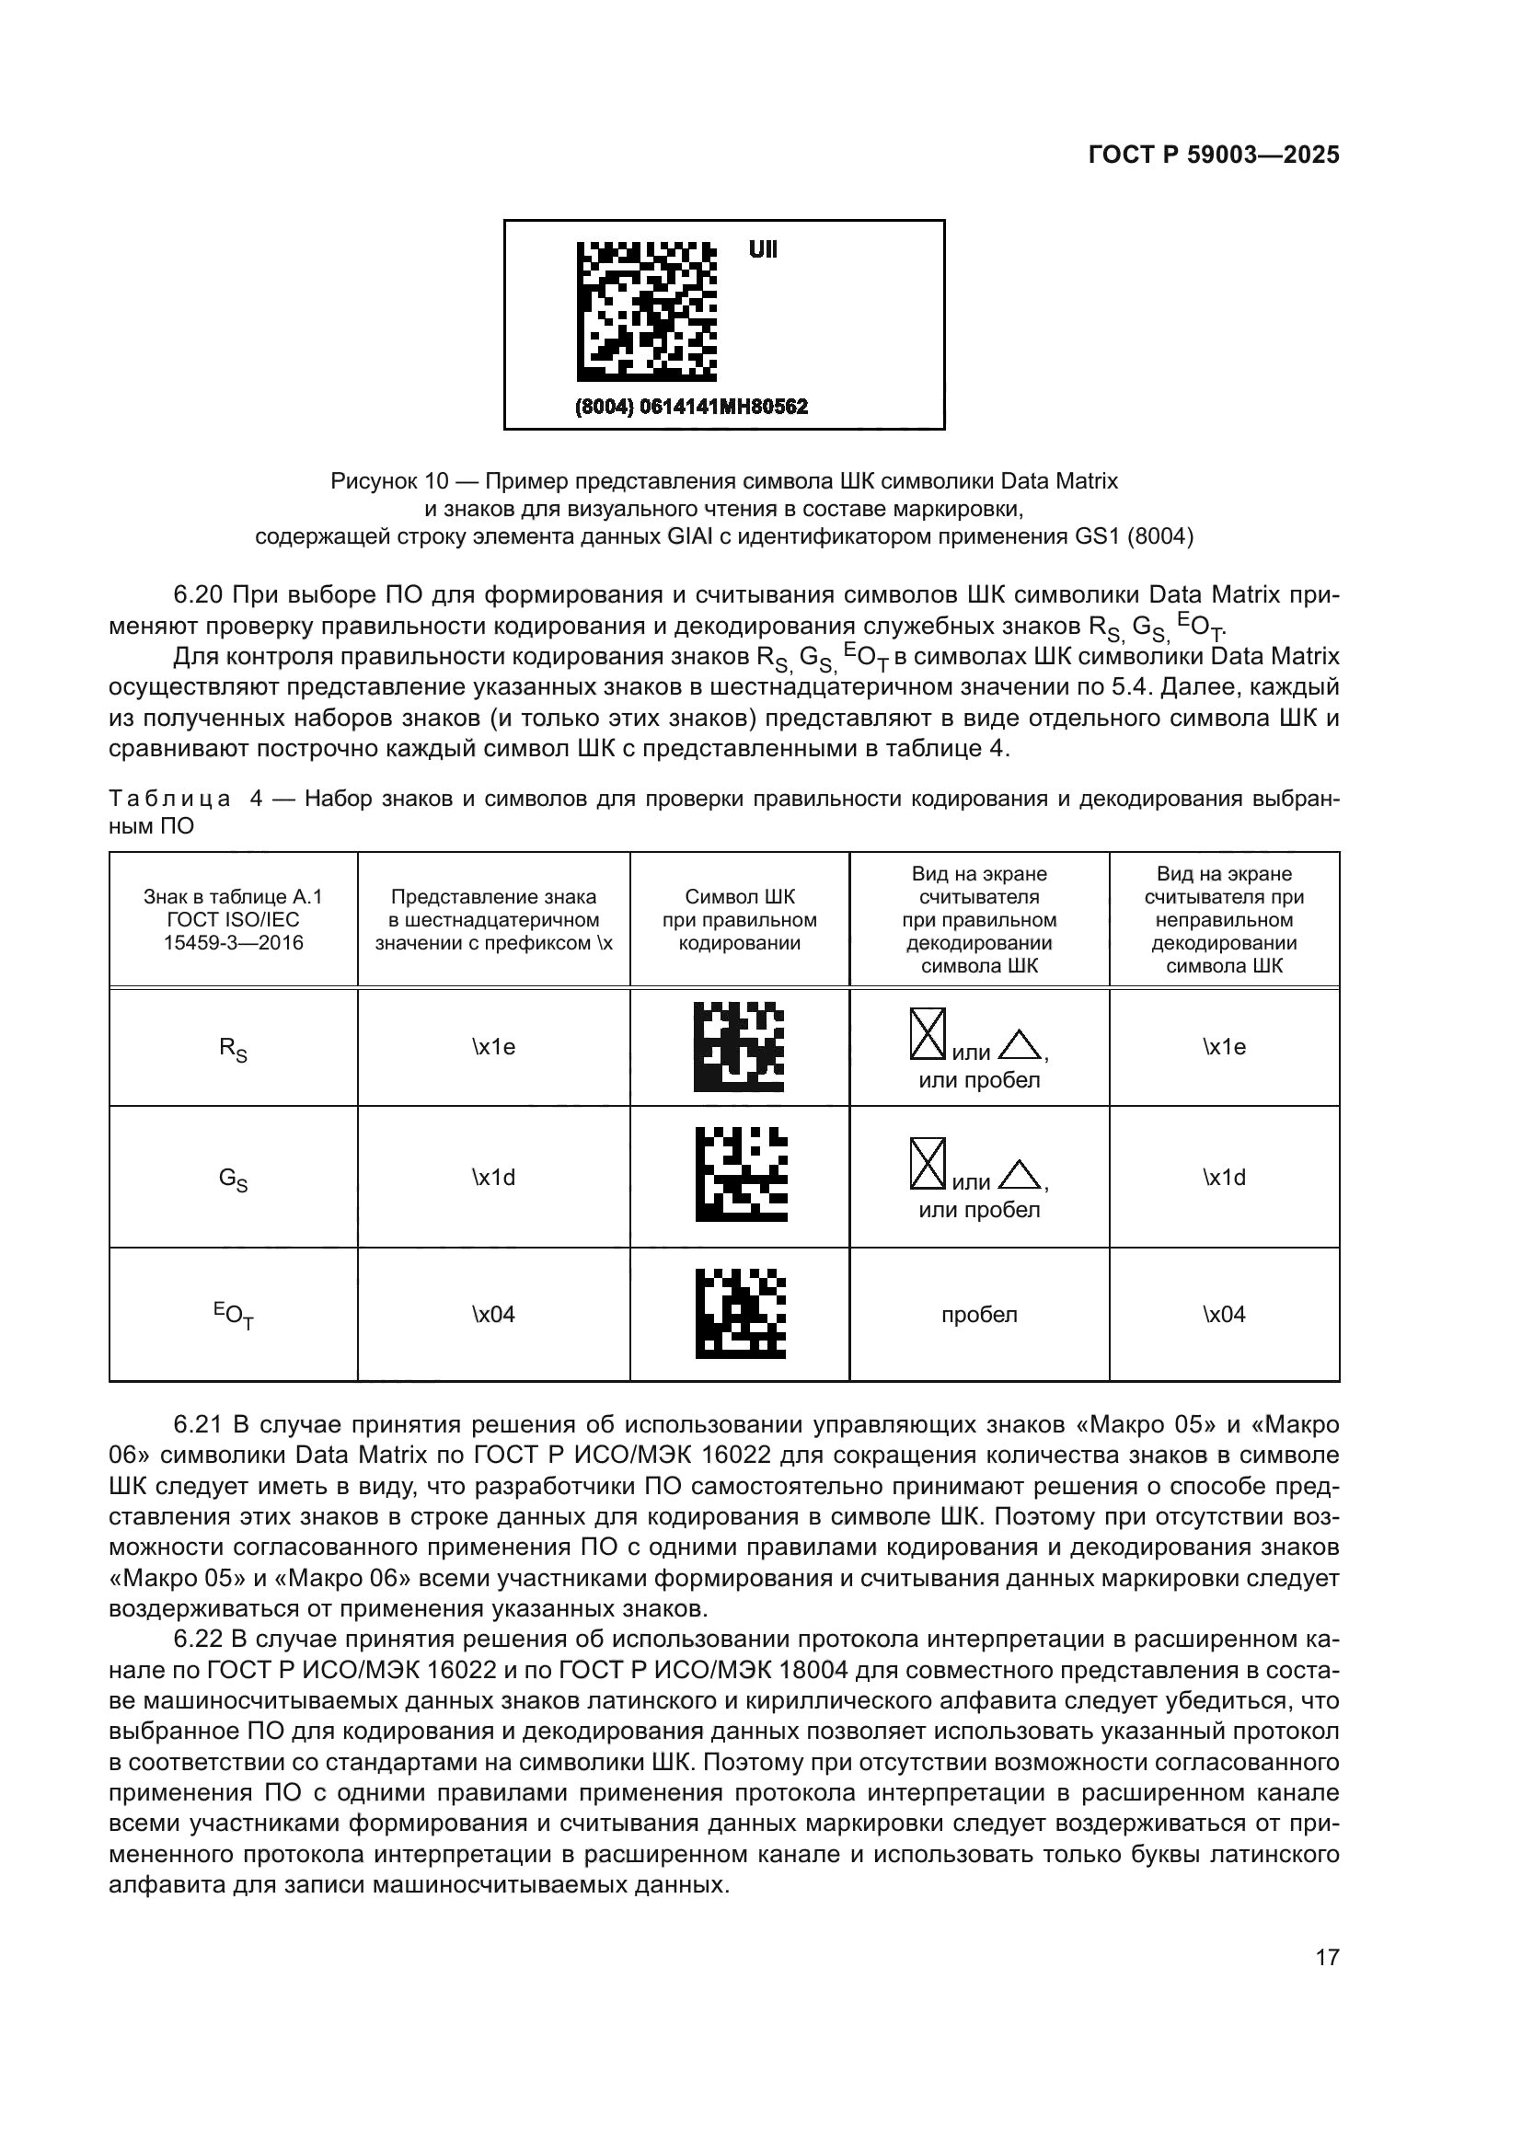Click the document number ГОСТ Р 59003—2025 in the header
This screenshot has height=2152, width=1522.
click(x=1214, y=155)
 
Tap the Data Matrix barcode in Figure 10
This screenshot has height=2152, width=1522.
click(x=646, y=311)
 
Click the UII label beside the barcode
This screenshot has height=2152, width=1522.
click(x=762, y=250)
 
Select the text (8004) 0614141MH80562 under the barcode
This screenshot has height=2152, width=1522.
click(x=691, y=407)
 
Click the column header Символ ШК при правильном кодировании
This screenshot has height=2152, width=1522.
click(x=740, y=919)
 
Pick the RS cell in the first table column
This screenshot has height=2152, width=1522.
click(x=234, y=1049)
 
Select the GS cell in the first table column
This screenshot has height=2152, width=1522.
click(x=234, y=1180)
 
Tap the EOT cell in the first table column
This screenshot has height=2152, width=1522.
click(x=234, y=1315)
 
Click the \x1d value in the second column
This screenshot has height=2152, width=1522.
click(x=493, y=1178)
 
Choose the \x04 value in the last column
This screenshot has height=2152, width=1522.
click(x=1224, y=1314)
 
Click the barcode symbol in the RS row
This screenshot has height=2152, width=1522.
click(x=739, y=1047)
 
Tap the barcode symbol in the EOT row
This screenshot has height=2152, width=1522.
click(x=741, y=1314)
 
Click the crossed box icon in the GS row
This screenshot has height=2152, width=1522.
click(x=928, y=1163)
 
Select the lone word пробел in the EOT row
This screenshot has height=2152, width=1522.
click(x=979, y=1314)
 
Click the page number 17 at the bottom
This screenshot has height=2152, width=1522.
click(x=1327, y=1957)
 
